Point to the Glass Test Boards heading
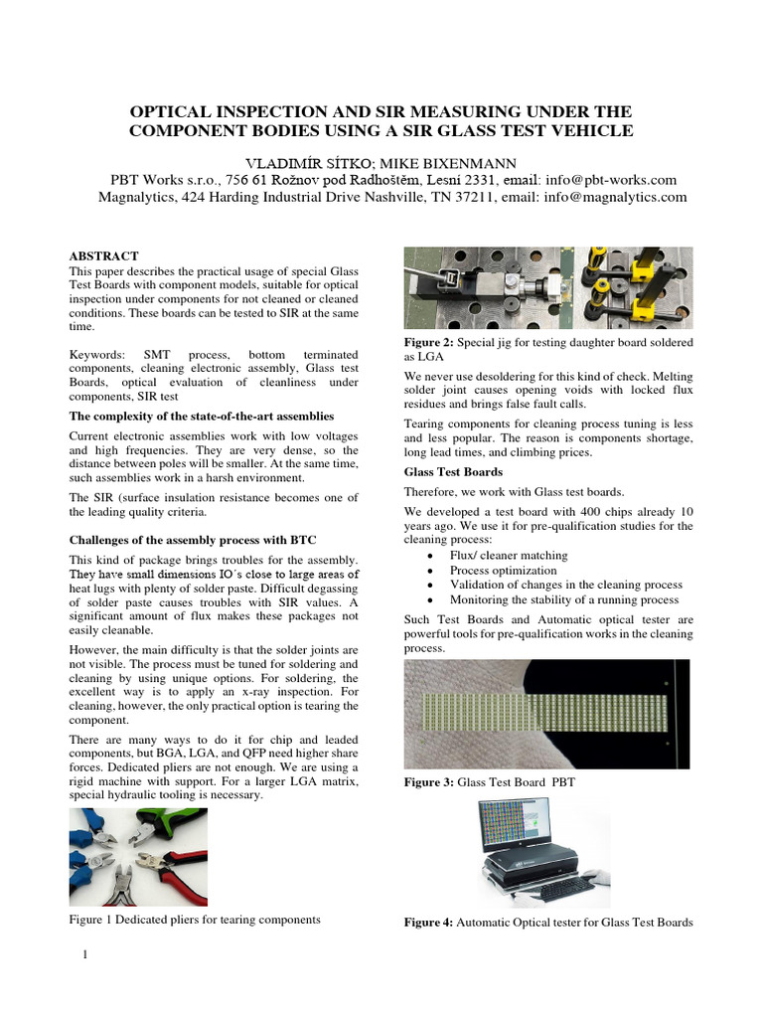point(452,471)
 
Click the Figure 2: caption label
point(429,342)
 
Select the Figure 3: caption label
point(429,783)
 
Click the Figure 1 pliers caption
point(195,920)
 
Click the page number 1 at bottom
point(85,956)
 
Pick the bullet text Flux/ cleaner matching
point(509,556)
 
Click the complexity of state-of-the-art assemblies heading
point(201,416)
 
